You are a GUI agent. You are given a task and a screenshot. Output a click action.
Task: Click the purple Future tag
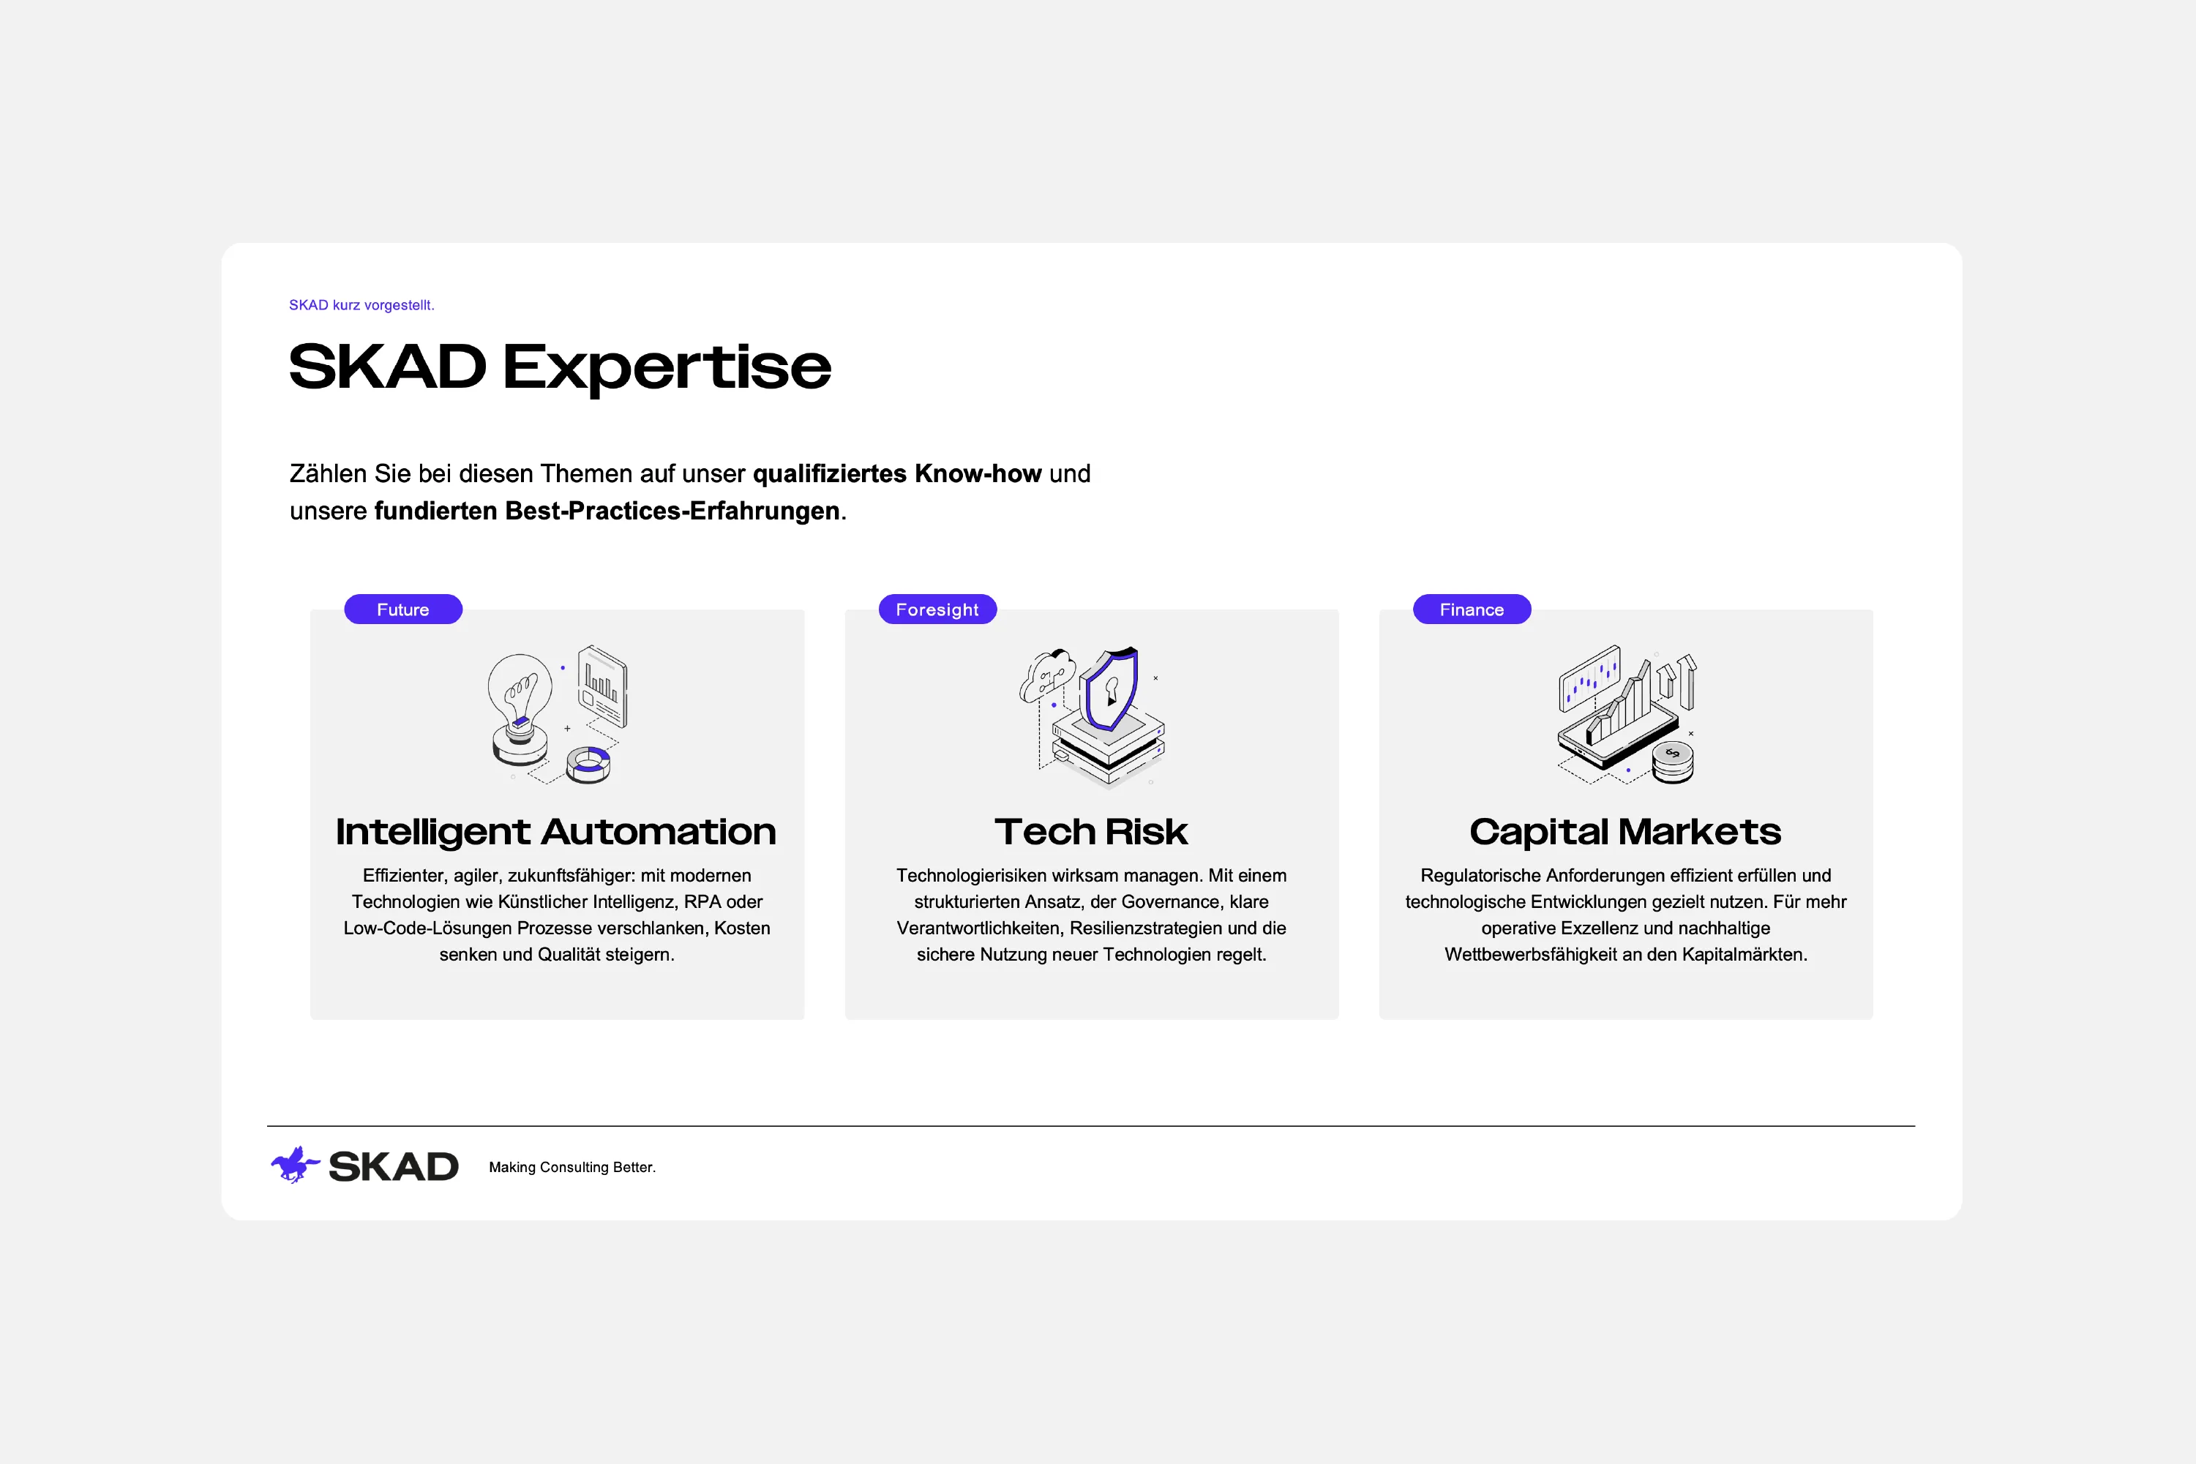[x=402, y=609]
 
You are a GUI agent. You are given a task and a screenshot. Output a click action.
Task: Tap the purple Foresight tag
[x=937, y=609]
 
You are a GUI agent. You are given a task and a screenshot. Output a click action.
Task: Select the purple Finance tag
[x=1471, y=609]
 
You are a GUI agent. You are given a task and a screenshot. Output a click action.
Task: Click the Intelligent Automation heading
[x=555, y=832]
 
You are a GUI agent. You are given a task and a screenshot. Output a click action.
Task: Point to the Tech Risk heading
[x=1090, y=832]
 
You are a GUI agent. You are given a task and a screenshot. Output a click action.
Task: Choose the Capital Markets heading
[x=1624, y=832]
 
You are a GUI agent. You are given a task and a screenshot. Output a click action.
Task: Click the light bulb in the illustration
[x=519, y=696]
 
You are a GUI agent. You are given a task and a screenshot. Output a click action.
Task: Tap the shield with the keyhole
[x=1110, y=689]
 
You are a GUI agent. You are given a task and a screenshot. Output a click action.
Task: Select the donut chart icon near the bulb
[x=589, y=764]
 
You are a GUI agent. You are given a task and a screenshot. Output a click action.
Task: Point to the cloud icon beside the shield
[x=1046, y=674]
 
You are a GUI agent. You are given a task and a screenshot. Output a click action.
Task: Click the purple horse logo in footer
[x=295, y=1165]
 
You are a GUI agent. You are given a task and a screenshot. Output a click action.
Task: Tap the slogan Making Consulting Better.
[x=572, y=1167]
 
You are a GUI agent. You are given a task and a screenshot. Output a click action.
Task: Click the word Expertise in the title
[x=667, y=367]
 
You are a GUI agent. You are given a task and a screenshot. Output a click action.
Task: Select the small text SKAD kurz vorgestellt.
[x=361, y=305]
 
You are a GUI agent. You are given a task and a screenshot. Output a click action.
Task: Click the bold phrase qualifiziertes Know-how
[x=896, y=473]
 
